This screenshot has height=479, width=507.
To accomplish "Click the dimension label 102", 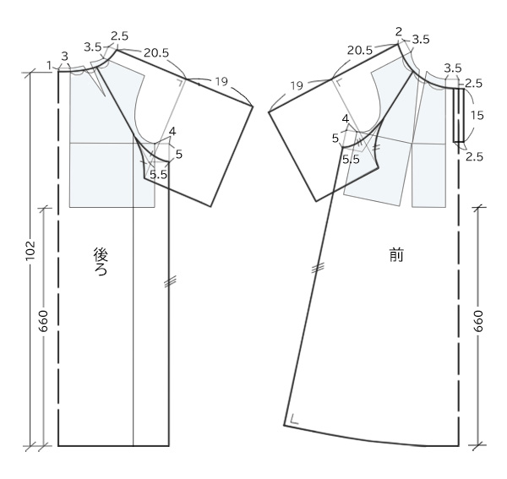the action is click(30, 250).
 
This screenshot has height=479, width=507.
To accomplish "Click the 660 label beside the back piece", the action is click(43, 321).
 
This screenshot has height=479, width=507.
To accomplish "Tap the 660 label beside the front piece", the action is click(478, 321).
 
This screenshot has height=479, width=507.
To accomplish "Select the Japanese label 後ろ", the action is click(101, 262).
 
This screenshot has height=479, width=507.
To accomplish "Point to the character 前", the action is click(396, 256).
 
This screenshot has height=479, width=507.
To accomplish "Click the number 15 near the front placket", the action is click(477, 116).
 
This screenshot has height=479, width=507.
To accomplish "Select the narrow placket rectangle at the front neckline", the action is click(459, 115).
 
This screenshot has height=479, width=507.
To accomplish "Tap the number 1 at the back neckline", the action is click(49, 66).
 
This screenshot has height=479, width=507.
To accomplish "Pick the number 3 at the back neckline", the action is click(65, 57).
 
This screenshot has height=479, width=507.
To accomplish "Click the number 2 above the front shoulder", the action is click(399, 31).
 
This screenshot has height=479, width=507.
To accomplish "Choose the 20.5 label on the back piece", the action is click(156, 52).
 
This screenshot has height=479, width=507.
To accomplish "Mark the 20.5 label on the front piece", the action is click(360, 51).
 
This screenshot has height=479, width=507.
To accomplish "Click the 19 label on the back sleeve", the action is click(221, 81).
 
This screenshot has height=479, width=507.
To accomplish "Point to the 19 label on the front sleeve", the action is click(297, 85).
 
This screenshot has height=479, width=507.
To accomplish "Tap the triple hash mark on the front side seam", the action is click(318, 268).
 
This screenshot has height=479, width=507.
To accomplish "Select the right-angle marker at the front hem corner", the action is click(294, 418).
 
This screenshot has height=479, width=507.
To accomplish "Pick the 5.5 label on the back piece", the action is click(159, 175).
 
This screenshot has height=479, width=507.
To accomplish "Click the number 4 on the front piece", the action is click(346, 119).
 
